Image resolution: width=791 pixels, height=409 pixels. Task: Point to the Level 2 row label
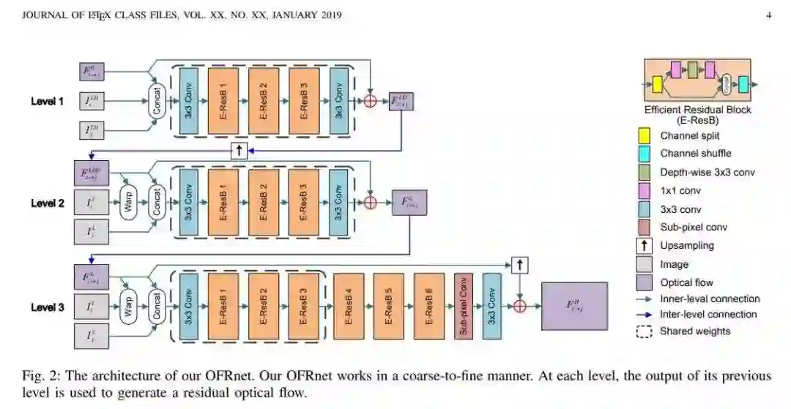point(47,203)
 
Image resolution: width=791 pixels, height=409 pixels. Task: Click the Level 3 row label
point(47,307)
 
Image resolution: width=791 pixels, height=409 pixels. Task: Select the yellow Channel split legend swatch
point(645,136)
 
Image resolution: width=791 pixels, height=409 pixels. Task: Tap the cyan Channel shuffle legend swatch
point(645,154)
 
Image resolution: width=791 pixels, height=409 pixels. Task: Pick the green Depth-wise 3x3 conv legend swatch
point(645,172)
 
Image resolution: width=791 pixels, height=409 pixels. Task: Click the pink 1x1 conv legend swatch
point(645,190)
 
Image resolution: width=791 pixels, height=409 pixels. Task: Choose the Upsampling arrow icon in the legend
point(645,245)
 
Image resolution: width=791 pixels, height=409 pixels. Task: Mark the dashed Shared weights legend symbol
point(645,331)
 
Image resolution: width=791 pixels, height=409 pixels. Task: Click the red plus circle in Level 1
point(371,101)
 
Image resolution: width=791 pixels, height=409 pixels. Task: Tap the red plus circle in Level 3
point(520,307)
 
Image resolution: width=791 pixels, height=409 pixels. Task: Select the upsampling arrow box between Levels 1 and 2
point(239,151)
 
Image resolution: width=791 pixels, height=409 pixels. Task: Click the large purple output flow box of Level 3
point(574,307)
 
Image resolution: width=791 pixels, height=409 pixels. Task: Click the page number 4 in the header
point(768,15)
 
